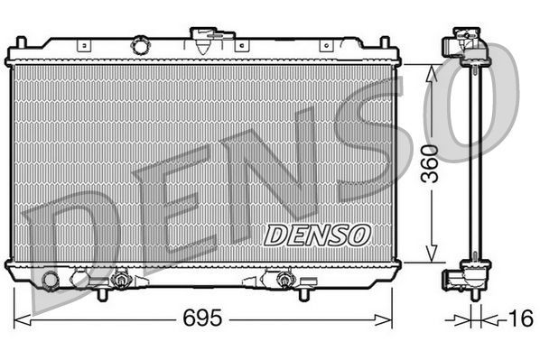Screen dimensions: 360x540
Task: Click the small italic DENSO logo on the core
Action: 317,235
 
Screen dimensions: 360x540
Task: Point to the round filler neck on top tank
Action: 140,43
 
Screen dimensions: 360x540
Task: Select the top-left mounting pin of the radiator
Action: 19,43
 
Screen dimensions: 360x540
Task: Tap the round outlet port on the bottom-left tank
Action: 51,280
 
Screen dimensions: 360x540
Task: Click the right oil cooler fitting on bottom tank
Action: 284,281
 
